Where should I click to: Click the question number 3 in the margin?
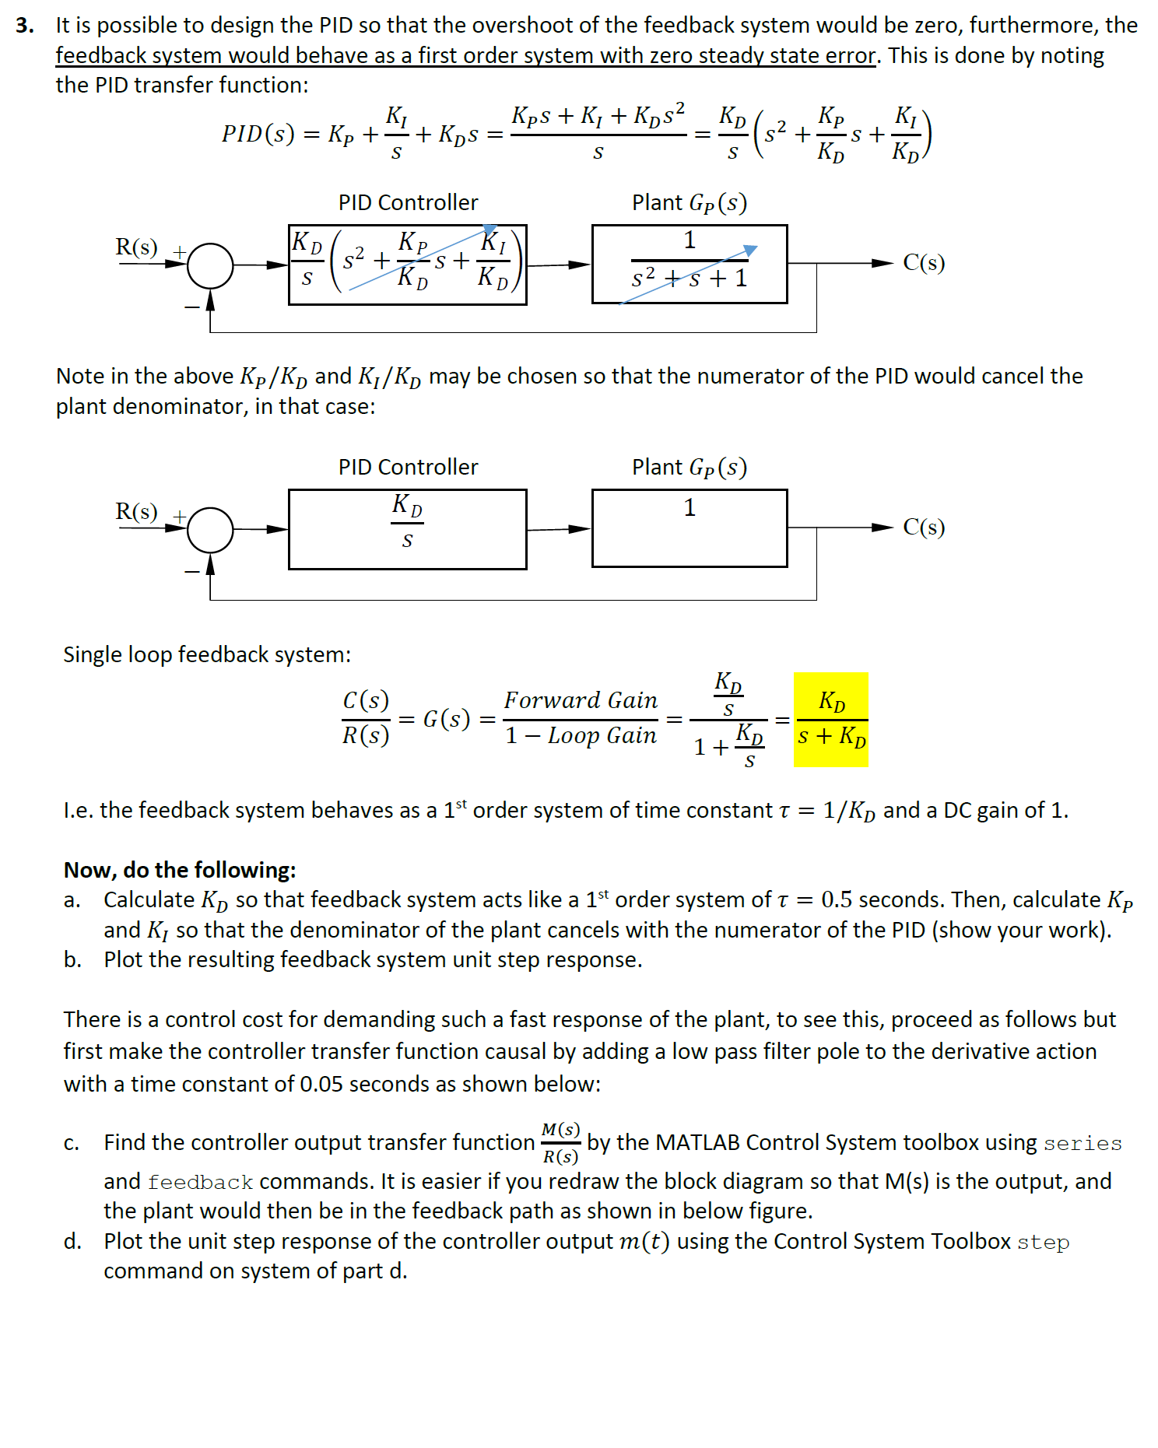(24, 26)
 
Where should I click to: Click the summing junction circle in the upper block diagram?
(210, 265)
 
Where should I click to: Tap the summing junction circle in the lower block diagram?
(210, 530)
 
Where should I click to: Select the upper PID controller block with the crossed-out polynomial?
(407, 265)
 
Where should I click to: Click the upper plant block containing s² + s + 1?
(689, 264)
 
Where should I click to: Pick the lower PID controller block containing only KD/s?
(407, 529)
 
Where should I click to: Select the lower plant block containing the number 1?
(689, 528)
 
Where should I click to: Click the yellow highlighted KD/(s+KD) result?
(830, 720)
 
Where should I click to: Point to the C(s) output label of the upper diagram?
(924, 263)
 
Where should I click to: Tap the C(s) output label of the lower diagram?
(924, 528)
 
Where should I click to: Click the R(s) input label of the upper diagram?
(136, 247)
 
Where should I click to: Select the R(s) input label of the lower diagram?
(136, 512)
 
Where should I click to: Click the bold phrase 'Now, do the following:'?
(180, 870)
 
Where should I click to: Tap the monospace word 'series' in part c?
(1083, 1143)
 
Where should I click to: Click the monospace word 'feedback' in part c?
(200, 1182)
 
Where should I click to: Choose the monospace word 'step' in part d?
(1043, 1242)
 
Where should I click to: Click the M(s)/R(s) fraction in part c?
(560, 1143)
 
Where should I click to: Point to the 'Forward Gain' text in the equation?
(581, 700)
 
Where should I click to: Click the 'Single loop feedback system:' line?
(207, 654)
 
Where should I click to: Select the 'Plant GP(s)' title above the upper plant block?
(689, 203)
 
